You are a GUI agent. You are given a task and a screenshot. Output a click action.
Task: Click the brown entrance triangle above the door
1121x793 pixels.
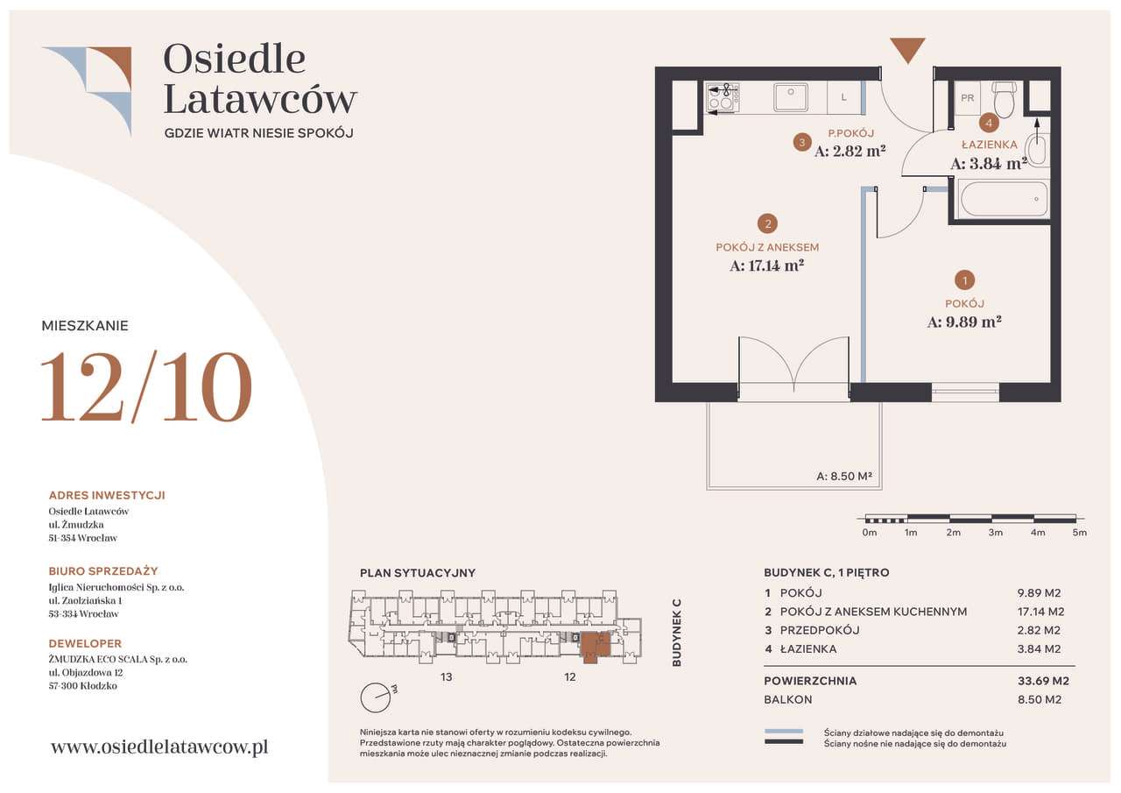tap(906, 49)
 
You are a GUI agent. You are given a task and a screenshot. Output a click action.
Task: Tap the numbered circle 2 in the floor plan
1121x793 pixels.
tap(767, 223)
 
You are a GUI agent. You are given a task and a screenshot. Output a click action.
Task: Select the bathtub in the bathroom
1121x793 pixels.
tap(1003, 199)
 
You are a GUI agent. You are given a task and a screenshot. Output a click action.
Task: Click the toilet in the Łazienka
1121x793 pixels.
tap(1005, 100)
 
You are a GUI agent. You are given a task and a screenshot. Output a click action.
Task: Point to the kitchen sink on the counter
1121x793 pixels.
tap(790, 97)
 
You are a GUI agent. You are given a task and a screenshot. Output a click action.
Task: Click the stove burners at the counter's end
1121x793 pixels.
tap(723, 97)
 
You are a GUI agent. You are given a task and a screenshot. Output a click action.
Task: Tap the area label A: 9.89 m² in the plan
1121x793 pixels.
tap(963, 322)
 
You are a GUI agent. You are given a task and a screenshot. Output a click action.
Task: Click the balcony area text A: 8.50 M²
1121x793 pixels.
tap(844, 477)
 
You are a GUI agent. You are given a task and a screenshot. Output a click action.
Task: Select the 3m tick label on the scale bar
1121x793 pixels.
tap(995, 533)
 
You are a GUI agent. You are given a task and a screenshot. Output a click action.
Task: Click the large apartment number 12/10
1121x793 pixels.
tap(146, 386)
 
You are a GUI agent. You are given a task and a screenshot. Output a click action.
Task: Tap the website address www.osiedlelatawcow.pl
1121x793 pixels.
tap(159, 747)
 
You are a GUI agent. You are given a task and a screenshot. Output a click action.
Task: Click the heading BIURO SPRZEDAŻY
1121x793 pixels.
tap(103, 570)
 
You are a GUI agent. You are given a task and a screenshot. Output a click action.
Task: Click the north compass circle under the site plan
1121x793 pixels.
tap(375, 697)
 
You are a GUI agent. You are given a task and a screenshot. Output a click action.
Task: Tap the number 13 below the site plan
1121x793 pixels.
tap(447, 676)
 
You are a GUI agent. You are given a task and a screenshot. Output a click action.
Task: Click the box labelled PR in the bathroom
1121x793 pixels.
tap(967, 98)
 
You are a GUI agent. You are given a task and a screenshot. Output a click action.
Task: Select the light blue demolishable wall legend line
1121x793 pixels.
tap(783, 731)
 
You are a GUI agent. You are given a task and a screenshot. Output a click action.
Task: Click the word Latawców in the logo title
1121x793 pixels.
tap(260, 99)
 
